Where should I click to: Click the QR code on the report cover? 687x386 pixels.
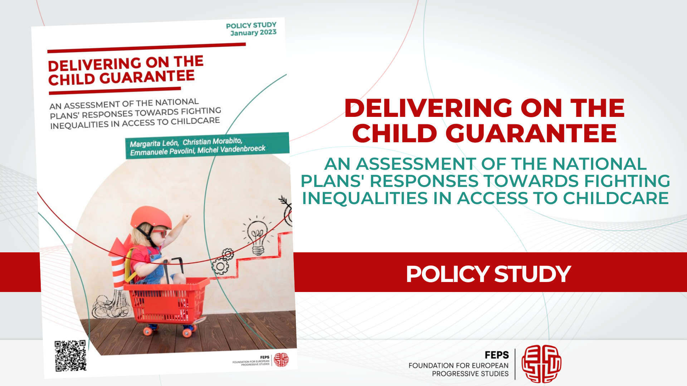coord(70,356)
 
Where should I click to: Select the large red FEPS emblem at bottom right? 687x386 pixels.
coord(541,364)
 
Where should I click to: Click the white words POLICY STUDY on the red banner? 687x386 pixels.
coord(488,274)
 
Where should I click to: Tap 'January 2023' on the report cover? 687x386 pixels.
coord(253,33)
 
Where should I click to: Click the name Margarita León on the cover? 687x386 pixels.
coord(154,143)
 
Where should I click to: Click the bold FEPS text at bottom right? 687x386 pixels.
coord(497,355)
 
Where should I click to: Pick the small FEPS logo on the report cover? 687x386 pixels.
coord(281,360)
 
